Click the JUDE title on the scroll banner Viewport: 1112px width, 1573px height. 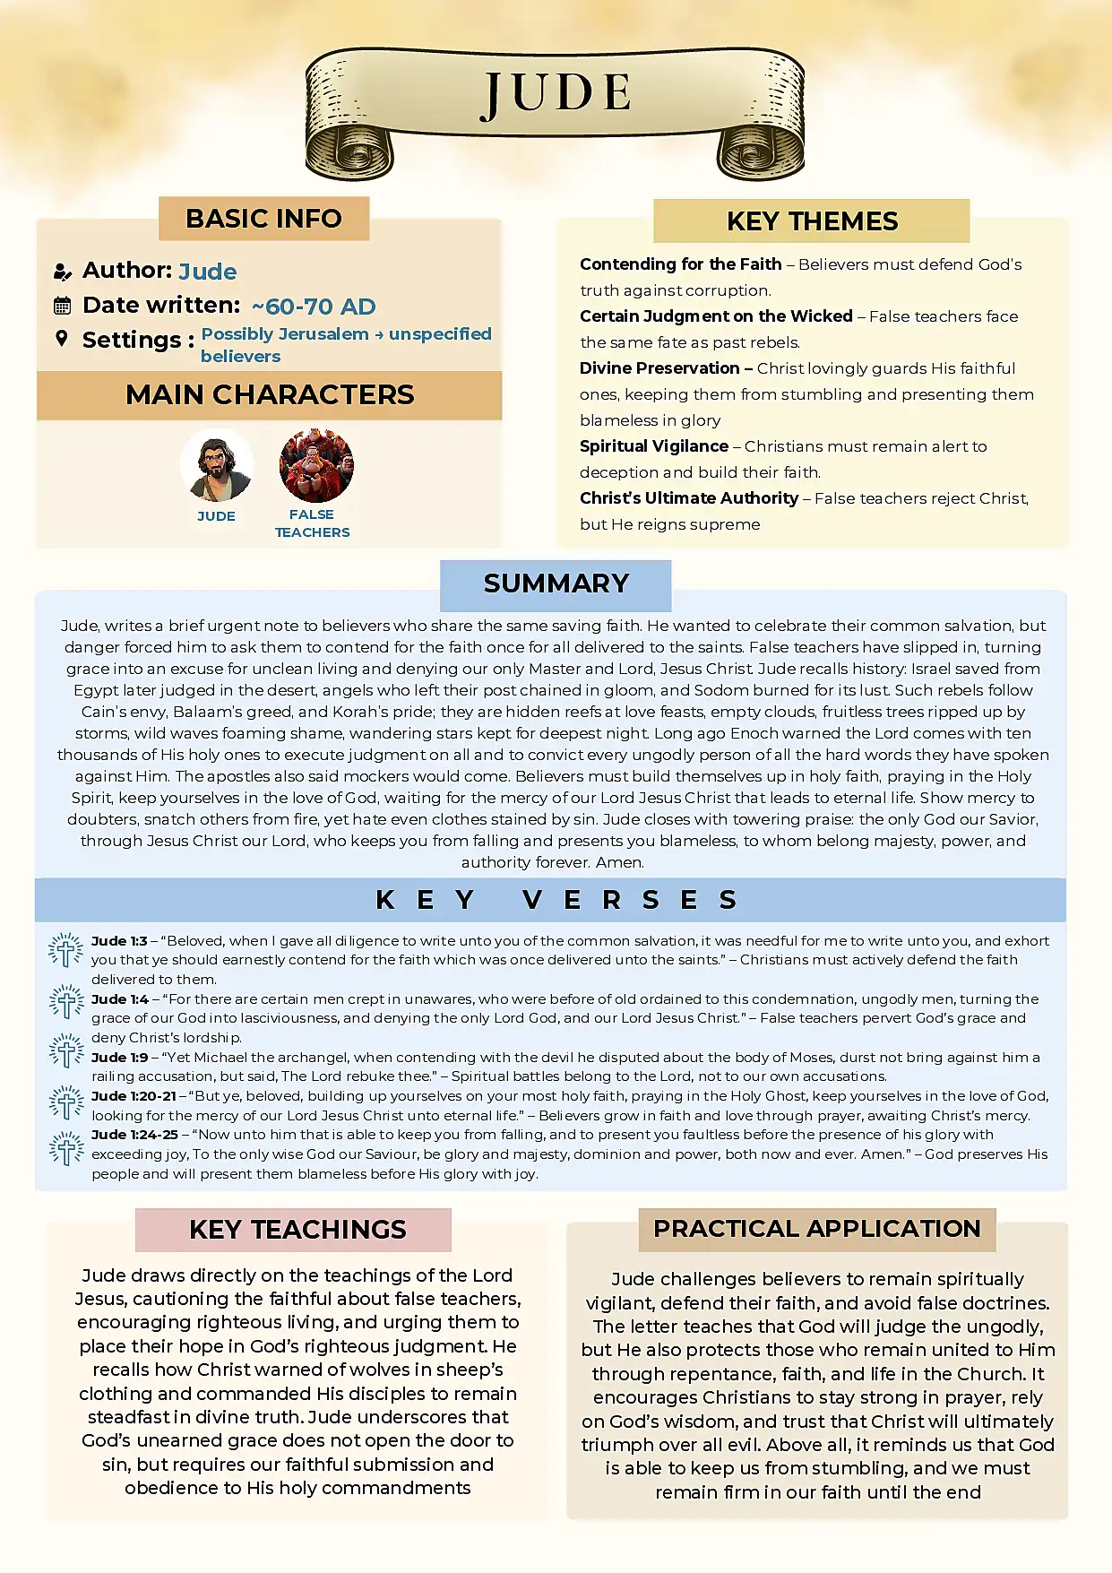pos(556,94)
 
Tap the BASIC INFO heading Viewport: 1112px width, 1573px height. pos(263,219)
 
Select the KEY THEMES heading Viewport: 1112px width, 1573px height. pos(812,221)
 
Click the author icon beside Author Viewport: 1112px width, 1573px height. pos(62,272)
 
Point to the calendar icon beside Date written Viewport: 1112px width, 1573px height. pos(62,307)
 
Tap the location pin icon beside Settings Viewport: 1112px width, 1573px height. pos(62,339)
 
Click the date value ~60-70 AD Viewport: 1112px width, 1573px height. pos(314,307)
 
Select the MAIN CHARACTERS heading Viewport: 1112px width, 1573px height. pos(270,395)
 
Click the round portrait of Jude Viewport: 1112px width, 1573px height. pos(216,465)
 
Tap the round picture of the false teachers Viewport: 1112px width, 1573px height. pos(316,465)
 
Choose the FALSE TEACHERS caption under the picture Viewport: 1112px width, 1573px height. pos(312,523)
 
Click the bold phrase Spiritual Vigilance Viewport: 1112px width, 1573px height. pos(654,446)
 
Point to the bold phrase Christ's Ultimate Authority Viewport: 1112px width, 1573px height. pos(689,498)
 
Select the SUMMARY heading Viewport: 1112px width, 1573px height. pos(556,583)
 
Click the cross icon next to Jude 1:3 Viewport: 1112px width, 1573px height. pos(65,950)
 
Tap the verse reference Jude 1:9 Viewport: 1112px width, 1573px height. pos(120,1058)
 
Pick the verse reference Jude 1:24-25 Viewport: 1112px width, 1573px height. pos(134,1135)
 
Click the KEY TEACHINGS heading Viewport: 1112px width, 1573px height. pos(297,1230)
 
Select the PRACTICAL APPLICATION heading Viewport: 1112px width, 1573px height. pos(816,1229)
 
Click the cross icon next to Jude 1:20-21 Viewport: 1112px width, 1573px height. pos(66,1102)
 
